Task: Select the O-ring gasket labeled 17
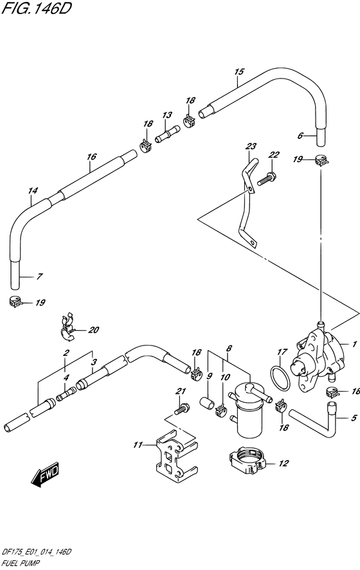[x=280, y=379]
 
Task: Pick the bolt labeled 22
[x=266, y=178]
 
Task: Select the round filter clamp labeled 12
[x=248, y=461]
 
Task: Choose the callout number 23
[x=251, y=147]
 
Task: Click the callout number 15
[x=239, y=71]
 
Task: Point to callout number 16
[x=91, y=156]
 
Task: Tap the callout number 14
[x=32, y=190]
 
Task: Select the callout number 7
[x=40, y=276]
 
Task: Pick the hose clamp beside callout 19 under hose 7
[x=15, y=301]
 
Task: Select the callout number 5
[x=354, y=418]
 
